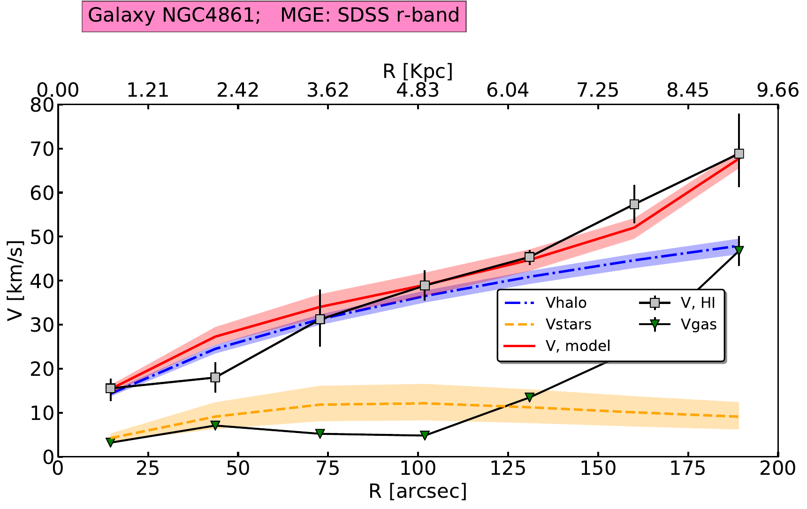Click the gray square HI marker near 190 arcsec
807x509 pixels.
[739, 154]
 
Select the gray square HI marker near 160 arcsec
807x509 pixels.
[634, 205]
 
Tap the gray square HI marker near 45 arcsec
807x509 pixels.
[215, 378]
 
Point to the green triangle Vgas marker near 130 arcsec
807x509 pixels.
[529, 397]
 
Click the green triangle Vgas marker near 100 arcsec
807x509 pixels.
[425, 435]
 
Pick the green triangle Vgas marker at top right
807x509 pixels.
[739, 250]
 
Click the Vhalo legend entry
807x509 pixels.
[565, 303]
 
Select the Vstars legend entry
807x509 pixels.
[568, 325]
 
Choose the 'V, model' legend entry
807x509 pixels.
[578, 346]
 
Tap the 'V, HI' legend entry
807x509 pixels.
[698, 303]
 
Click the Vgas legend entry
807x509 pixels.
[699, 325]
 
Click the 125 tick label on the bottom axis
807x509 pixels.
[508, 469]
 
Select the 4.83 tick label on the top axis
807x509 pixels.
[418, 90]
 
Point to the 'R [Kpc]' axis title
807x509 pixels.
[418, 71]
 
